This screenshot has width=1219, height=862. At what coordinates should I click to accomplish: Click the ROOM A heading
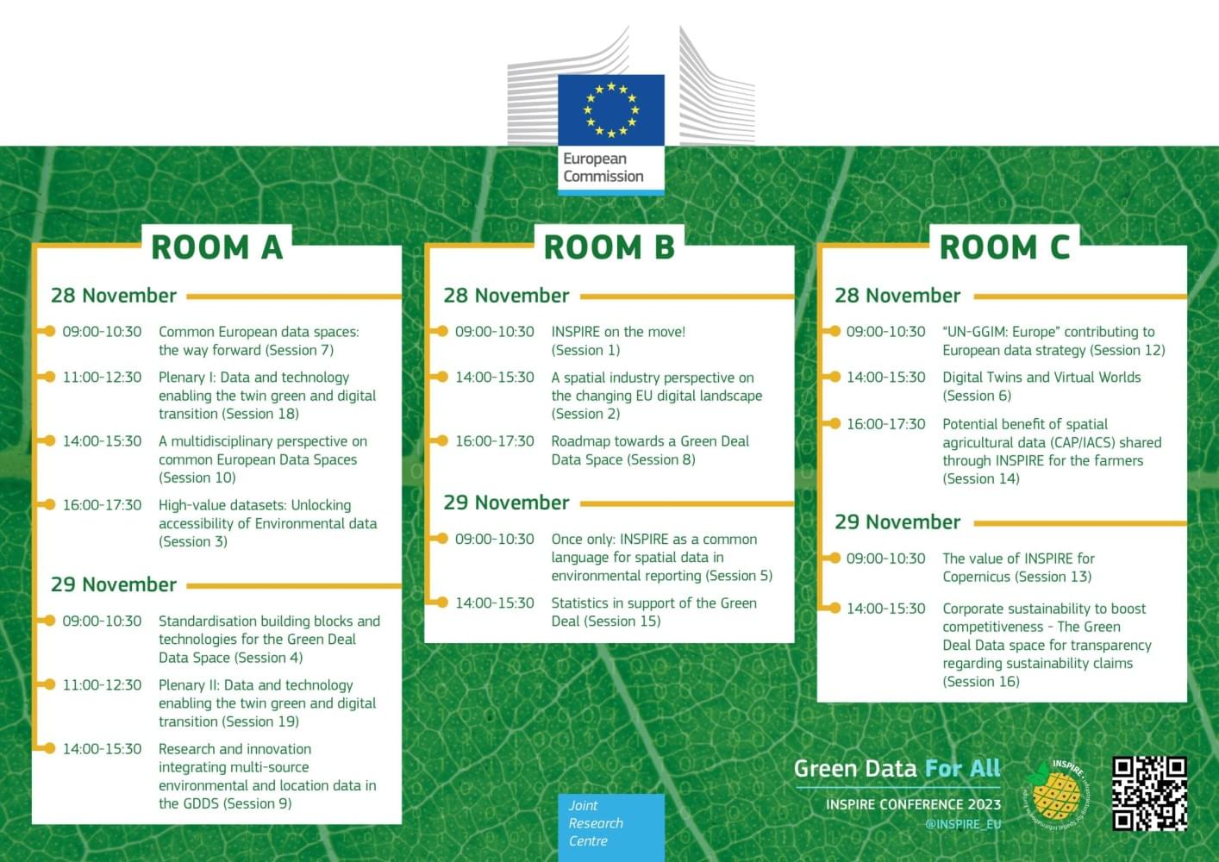click(x=216, y=247)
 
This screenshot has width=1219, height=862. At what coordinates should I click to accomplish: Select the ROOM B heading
click(x=609, y=247)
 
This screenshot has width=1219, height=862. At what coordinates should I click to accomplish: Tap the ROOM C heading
click(x=1004, y=247)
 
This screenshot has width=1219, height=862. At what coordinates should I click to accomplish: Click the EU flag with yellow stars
click(x=611, y=109)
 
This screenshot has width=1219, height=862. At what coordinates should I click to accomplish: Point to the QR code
click(x=1149, y=793)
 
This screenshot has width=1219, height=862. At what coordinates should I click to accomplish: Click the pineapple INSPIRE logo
click(x=1057, y=795)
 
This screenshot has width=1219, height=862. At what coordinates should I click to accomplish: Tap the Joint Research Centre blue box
click(x=610, y=823)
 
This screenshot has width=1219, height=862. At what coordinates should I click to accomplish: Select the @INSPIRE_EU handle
click(x=963, y=824)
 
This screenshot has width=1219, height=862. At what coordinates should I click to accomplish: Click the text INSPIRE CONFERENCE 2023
click(x=913, y=804)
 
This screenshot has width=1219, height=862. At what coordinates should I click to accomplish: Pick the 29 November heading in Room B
click(x=506, y=503)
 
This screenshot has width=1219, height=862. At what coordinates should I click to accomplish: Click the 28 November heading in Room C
click(x=897, y=296)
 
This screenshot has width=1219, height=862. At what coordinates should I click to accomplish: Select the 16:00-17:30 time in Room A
click(x=102, y=505)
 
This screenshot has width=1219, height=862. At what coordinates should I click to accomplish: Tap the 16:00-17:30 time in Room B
click(x=495, y=441)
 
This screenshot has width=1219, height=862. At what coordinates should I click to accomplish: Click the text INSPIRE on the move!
click(x=618, y=332)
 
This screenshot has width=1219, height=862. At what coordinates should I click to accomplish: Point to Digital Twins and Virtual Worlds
click(x=1041, y=378)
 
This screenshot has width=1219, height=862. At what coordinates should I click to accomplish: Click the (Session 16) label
click(x=981, y=682)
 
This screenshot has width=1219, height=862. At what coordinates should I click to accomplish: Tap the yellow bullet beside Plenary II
click(x=48, y=684)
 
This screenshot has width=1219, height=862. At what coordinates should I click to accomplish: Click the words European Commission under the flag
click(x=603, y=167)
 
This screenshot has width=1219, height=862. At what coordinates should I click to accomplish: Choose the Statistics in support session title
click(x=653, y=603)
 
